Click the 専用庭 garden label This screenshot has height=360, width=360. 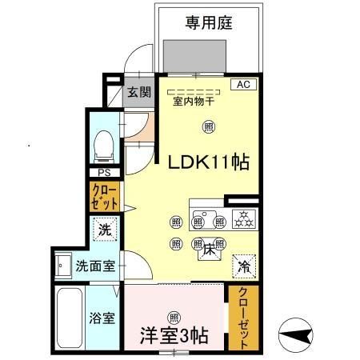[x=209, y=22]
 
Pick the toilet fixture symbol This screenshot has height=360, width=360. [x=102, y=146]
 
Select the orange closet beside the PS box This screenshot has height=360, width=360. [x=104, y=197]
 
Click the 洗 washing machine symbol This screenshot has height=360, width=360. [x=105, y=229]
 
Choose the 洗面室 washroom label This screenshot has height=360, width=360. [x=94, y=265]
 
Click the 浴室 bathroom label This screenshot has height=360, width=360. [x=102, y=318]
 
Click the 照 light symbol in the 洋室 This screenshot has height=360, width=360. [x=174, y=314]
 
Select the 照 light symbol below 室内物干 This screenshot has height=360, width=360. [x=208, y=126]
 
